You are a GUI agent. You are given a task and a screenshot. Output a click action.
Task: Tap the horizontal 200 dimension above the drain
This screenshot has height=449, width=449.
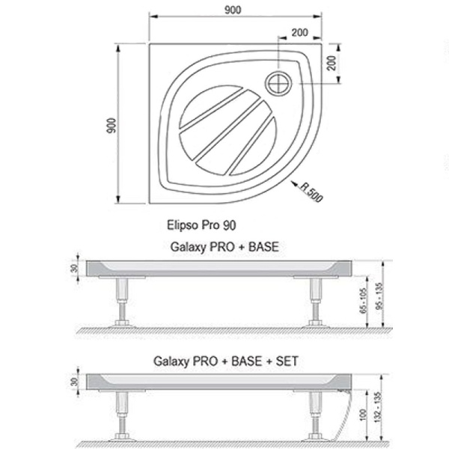299,33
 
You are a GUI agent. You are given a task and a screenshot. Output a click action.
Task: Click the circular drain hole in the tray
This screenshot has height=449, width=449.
278,84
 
